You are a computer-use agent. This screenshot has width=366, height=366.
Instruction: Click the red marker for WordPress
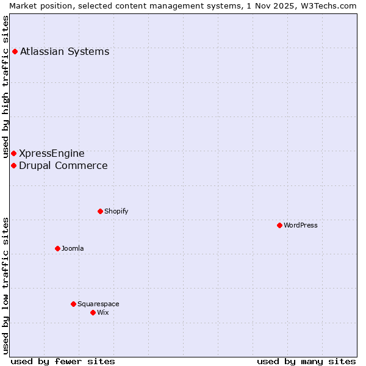279,225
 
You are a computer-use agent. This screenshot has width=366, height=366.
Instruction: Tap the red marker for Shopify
100,211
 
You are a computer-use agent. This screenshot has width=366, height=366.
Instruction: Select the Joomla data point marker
57,248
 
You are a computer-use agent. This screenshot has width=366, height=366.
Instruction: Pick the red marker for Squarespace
73,304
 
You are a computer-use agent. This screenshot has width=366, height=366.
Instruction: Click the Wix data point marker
93,312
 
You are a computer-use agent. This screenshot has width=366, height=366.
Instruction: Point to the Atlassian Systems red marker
15,51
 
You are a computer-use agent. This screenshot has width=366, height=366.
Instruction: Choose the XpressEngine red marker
13,153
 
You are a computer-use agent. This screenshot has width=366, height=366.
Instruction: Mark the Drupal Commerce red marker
13,165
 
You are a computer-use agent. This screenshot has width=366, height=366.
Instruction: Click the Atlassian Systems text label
65,51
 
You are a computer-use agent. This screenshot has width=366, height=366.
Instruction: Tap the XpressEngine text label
52,153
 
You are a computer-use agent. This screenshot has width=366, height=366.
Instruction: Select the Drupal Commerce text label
63,165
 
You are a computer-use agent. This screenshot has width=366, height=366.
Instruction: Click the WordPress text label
301,225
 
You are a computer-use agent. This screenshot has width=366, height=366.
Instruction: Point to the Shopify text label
116,211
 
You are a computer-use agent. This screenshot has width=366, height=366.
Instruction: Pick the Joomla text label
73,248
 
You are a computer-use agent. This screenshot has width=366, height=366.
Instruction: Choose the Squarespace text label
98,304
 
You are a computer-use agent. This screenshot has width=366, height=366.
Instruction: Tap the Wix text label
103,312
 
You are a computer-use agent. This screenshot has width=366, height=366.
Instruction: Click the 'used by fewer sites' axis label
63,361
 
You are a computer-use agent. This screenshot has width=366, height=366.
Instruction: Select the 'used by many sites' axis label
306,361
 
